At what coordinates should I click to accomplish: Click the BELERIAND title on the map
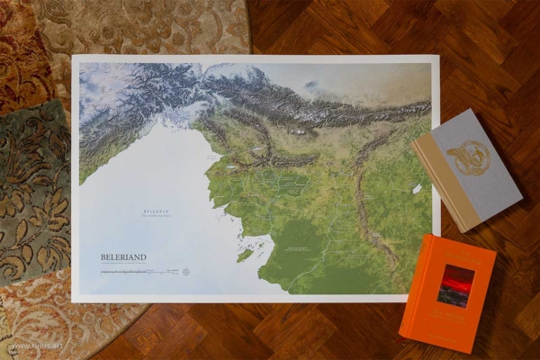point(123,256)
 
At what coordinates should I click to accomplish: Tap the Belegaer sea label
point(157,212)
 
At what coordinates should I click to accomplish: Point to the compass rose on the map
point(185,271)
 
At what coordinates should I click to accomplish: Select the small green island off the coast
point(244,256)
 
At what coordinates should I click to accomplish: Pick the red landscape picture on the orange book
point(455,285)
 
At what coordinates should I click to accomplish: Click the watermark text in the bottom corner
point(24,345)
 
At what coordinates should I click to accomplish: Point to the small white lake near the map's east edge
point(417,189)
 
